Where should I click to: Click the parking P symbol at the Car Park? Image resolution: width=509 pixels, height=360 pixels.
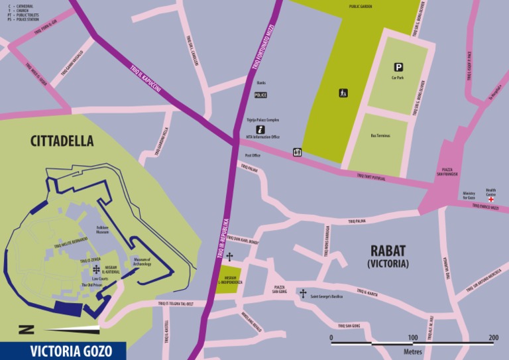click(398, 66)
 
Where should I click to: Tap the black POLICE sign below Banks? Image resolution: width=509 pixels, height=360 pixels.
click(260, 95)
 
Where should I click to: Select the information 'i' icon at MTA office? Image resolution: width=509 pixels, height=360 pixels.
click(260, 129)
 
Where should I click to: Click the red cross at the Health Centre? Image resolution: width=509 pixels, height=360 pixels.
click(491, 199)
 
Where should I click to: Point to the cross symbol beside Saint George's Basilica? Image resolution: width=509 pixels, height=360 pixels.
click(303, 293)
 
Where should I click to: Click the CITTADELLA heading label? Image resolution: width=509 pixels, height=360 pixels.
click(62, 141)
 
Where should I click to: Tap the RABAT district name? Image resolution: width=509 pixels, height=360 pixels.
click(388, 251)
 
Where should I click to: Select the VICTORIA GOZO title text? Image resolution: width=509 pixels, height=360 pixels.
click(62, 351)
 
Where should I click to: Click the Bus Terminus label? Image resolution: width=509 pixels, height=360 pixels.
click(380, 135)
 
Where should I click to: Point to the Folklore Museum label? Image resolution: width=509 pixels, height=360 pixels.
click(102, 229)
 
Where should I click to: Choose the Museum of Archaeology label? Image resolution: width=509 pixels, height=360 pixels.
click(142, 262)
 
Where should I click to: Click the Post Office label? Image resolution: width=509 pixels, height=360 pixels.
click(253, 155)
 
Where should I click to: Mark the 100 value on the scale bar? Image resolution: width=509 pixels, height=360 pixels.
click(412, 337)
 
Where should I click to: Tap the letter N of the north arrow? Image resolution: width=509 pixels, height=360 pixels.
click(25, 328)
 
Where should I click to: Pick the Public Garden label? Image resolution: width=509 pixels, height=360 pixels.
click(361, 6)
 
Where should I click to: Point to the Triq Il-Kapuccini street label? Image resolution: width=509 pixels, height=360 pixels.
click(146, 77)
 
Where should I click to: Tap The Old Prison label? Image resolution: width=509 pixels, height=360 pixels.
click(93, 285)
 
